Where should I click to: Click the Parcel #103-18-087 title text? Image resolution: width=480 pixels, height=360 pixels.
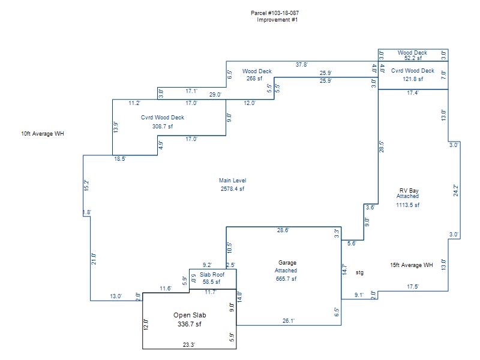point(277,13)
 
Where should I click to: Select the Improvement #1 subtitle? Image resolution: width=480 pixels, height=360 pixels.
point(277,20)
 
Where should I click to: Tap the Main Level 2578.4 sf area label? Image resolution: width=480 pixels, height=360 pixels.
point(232,185)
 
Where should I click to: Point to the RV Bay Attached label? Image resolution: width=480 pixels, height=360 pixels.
point(409,194)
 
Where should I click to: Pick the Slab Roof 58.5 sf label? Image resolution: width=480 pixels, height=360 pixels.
point(210,278)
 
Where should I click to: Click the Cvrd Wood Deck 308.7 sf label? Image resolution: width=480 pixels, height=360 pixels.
point(163,122)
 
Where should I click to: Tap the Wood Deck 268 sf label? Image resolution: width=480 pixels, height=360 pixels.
point(257,74)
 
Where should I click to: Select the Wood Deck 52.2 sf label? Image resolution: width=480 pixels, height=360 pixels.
point(412,55)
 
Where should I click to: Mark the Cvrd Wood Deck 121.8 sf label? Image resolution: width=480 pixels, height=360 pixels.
point(412,74)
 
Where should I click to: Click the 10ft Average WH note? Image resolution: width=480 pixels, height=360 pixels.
point(42,134)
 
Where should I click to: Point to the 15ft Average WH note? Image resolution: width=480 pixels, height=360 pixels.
point(411,265)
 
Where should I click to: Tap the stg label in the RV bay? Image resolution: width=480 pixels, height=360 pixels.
point(359,272)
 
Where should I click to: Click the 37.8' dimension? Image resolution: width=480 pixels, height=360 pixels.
point(302,65)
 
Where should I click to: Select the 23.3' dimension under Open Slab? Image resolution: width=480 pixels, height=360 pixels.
point(188,344)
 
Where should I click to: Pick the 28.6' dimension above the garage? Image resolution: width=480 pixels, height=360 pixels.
point(283,230)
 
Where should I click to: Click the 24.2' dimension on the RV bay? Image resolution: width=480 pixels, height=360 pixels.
point(455,190)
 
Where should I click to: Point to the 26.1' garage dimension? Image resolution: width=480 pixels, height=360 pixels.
point(289,321)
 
